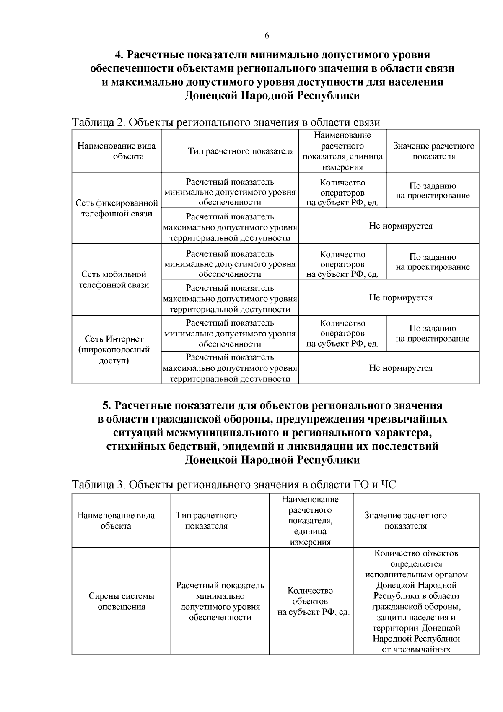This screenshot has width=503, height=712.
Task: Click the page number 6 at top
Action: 267,36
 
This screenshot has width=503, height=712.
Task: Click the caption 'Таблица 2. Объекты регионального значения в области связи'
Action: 226,123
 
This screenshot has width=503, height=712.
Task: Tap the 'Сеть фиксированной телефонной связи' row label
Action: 117,209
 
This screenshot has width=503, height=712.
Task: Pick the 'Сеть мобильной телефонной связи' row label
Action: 114,279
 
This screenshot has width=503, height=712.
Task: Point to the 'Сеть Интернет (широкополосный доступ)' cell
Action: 114,349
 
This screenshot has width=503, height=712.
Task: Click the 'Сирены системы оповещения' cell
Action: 121,601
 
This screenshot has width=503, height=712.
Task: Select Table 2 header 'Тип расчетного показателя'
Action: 241,151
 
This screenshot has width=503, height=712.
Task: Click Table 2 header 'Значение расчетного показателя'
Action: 433,151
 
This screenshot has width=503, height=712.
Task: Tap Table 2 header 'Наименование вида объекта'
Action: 117,151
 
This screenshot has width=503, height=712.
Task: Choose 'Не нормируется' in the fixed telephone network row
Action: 400,226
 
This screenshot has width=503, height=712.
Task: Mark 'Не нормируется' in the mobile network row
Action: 400,298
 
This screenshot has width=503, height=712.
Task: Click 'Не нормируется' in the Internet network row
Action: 400,368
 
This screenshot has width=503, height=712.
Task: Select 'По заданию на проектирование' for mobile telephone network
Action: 433,262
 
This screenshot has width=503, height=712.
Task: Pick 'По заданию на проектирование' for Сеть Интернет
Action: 433,334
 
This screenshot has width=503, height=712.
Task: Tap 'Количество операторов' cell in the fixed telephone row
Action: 342,193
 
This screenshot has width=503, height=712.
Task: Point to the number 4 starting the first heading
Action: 118,55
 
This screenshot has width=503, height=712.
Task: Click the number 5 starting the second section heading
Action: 106,406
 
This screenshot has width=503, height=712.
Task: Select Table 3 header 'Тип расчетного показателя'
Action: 206,521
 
